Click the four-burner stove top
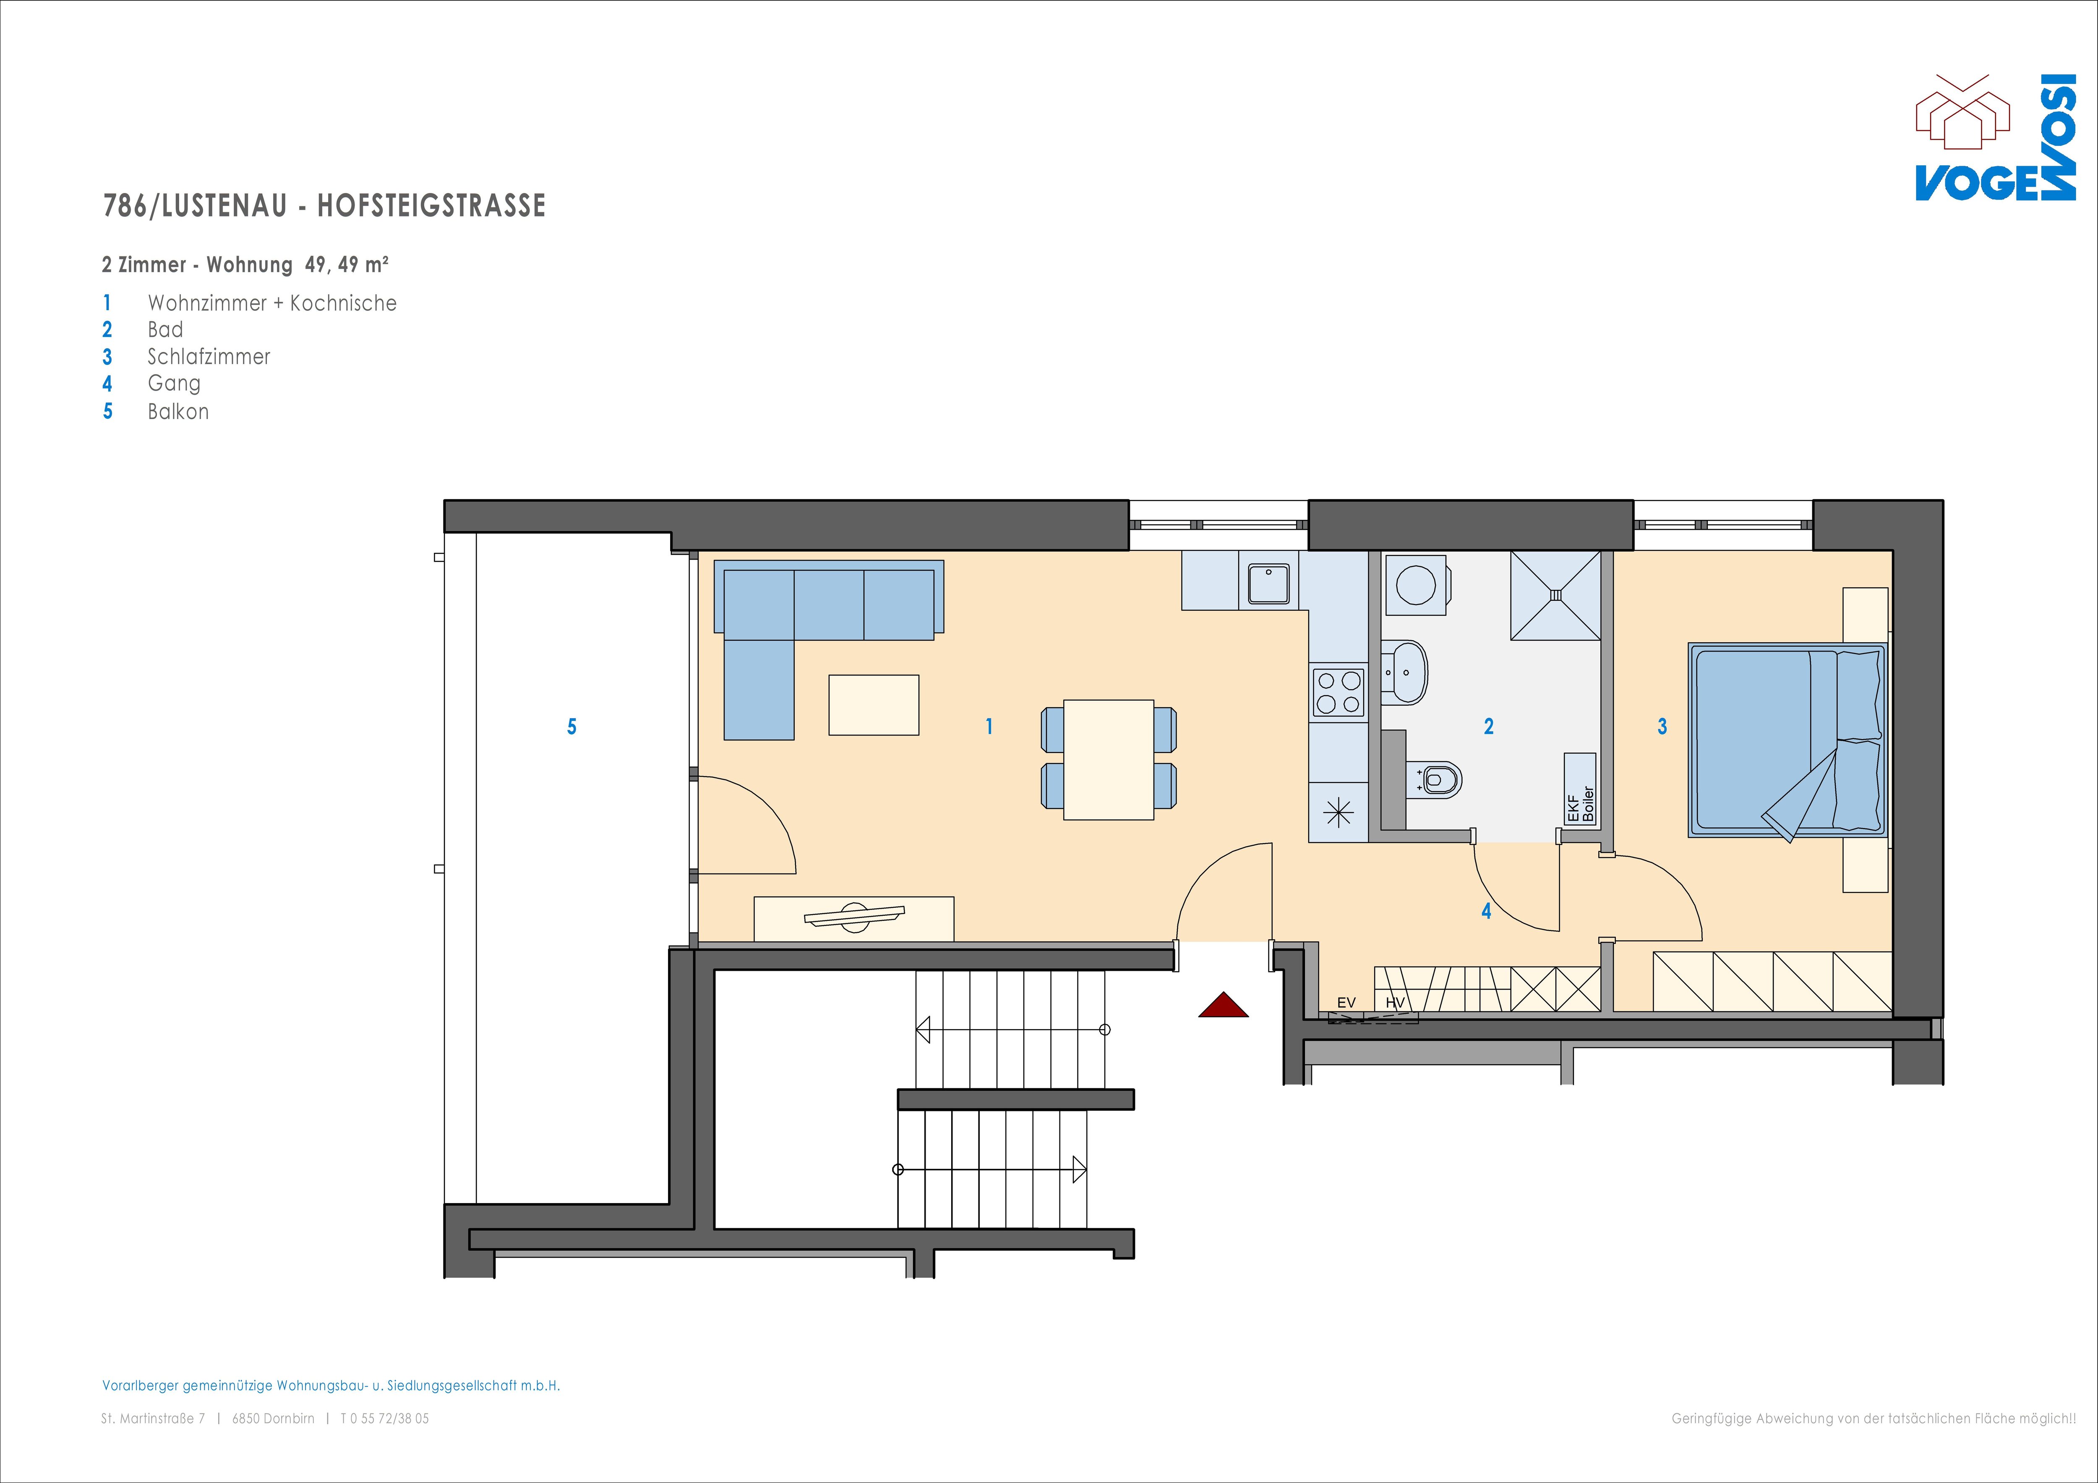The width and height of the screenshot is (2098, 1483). tap(1339, 692)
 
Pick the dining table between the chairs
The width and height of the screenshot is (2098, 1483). tap(1109, 759)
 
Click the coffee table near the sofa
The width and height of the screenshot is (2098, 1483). tap(874, 704)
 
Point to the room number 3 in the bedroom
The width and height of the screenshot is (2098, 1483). tap(1662, 727)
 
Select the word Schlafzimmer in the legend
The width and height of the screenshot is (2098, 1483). tap(209, 356)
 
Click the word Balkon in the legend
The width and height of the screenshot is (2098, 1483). tap(178, 411)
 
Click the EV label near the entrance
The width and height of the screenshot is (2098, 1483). tap(1346, 1002)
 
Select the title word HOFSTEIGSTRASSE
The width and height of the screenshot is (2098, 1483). tap(431, 206)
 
